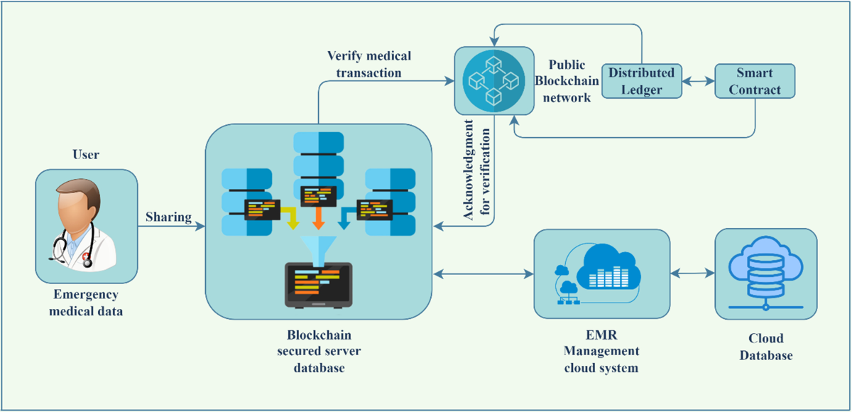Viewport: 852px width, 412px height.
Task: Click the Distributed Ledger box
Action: (x=641, y=81)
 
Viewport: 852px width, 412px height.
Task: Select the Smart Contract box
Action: (x=754, y=81)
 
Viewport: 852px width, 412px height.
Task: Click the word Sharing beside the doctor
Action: (x=169, y=217)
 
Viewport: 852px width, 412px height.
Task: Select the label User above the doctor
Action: (x=86, y=154)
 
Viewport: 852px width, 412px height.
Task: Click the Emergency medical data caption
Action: (x=87, y=302)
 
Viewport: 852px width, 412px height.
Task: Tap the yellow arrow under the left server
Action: (x=290, y=217)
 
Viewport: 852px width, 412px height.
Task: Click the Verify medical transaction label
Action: (x=368, y=64)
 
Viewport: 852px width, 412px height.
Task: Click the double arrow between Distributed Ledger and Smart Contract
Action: (x=698, y=81)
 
